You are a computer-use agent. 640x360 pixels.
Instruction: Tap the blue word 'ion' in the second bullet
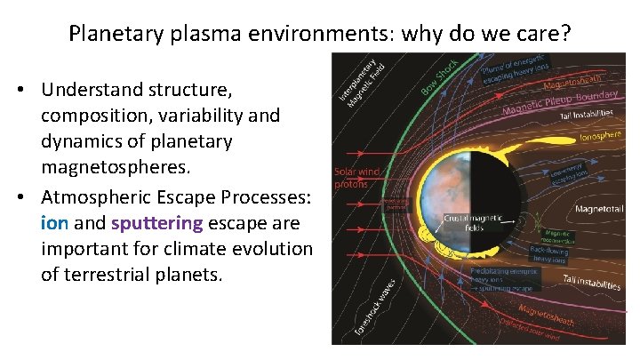[x=54, y=222]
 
